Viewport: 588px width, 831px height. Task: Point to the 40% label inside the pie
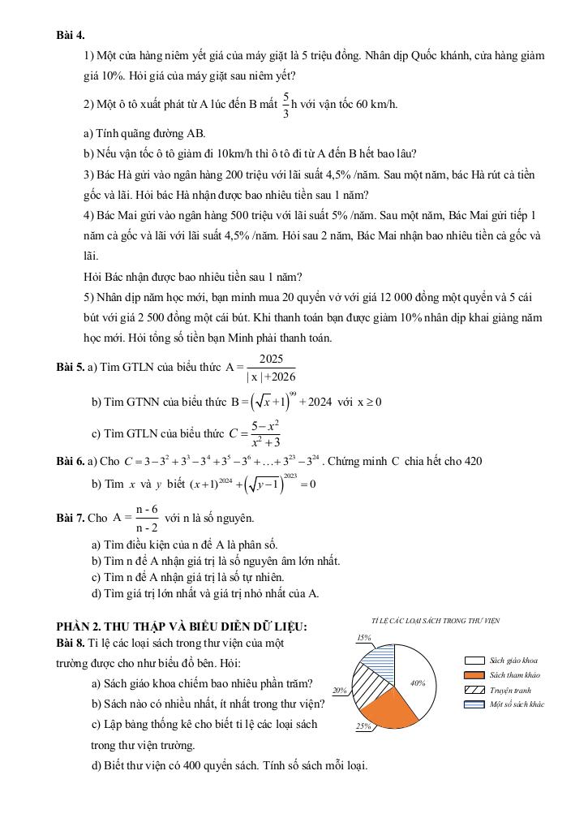point(418,683)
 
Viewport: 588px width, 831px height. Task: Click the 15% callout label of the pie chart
point(364,638)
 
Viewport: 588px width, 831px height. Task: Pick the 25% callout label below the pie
point(363,726)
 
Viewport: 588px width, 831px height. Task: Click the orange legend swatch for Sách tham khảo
point(474,675)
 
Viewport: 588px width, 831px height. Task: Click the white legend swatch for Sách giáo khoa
point(474,661)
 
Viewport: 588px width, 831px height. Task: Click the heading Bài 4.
point(71,35)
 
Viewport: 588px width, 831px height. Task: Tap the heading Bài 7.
point(71,518)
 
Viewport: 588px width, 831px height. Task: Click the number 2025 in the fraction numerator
point(272,360)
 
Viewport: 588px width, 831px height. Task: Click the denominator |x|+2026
point(271,377)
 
